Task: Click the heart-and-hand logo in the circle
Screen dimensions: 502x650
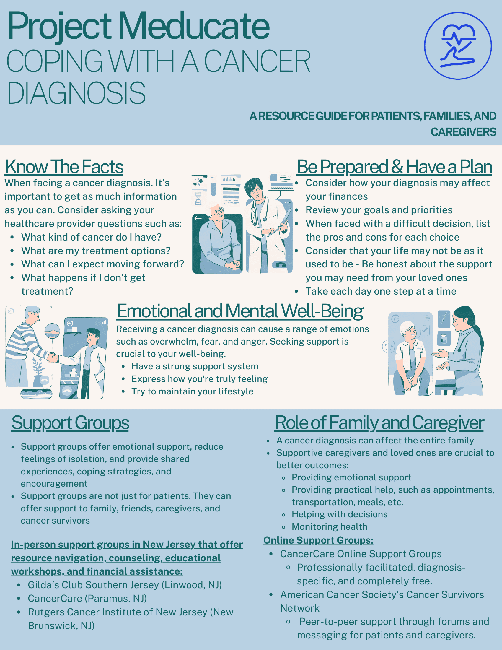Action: pos(458,46)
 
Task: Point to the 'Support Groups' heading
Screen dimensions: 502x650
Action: pos(70,422)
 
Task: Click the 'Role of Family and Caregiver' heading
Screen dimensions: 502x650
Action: pos(379,422)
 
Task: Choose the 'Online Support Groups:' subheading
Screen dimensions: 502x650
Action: pos(318,540)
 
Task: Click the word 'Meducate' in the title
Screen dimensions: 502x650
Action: pos(195,26)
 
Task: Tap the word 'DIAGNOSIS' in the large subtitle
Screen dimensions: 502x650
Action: pos(76,93)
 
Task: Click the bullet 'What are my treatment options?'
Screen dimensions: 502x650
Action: pos(96,251)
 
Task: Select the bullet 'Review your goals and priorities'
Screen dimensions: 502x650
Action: pos(379,210)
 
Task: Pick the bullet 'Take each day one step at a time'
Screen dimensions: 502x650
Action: pos(381,291)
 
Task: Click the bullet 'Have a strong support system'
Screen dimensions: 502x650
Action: pos(195,366)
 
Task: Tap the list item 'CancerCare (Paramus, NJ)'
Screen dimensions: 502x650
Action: pos(87,599)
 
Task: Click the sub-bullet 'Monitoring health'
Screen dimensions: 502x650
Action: pos(330,526)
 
